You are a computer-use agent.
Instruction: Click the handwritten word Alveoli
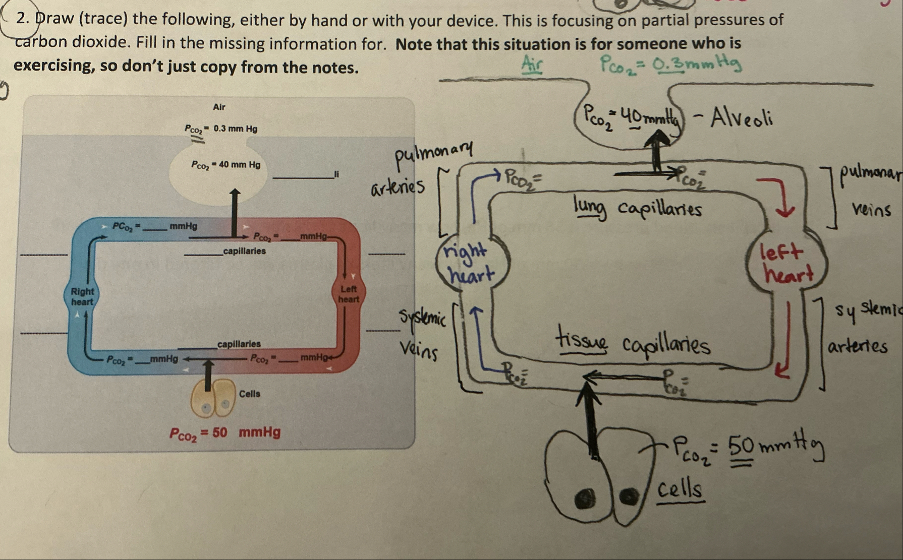click(741, 119)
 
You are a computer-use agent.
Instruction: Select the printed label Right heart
click(82, 296)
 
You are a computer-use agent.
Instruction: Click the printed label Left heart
click(349, 294)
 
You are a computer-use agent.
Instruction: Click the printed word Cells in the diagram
click(250, 393)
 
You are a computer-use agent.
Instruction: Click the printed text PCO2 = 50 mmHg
click(224, 432)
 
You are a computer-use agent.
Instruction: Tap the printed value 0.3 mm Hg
click(235, 129)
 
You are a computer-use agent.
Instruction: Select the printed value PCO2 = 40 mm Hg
click(225, 164)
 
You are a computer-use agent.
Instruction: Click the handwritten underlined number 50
click(742, 446)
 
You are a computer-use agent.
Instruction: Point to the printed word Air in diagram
click(219, 107)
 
